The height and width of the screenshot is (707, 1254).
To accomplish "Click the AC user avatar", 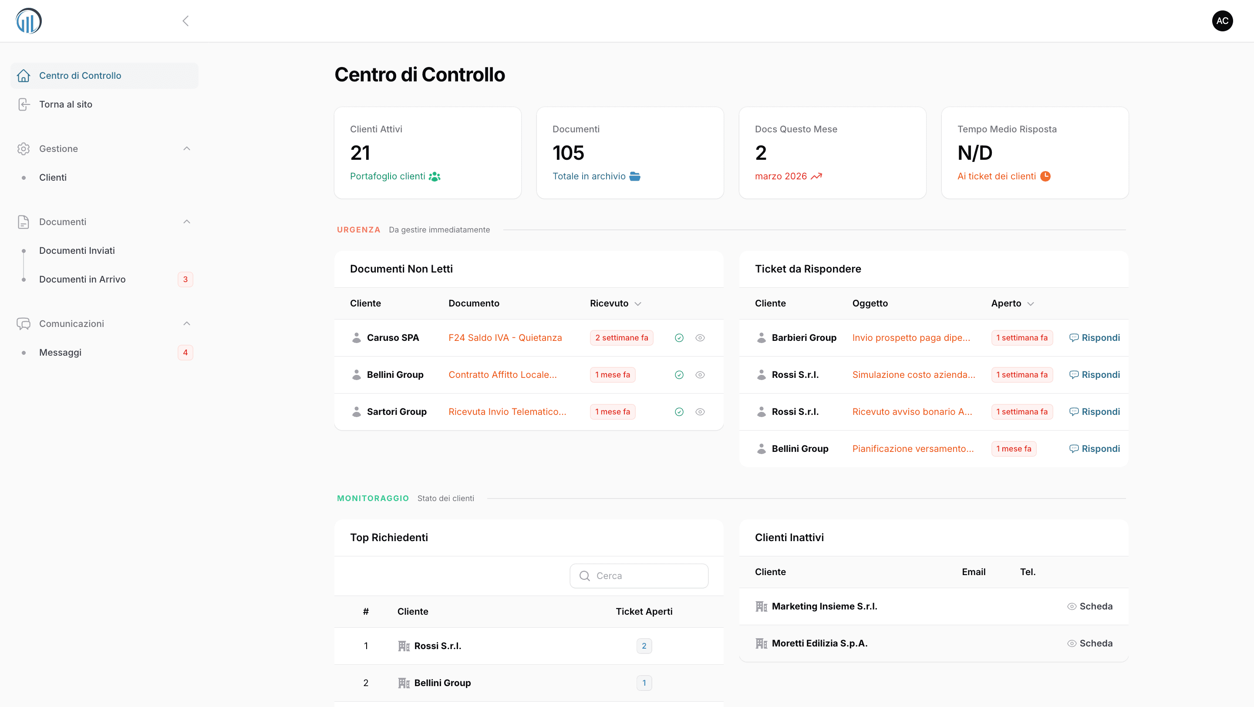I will click(x=1222, y=21).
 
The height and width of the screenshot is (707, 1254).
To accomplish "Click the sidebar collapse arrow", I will click(x=185, y=21).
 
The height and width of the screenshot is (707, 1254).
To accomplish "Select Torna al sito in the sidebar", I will click(x=65, y=104).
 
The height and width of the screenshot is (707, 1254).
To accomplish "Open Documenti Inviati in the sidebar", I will click(x=77, y=251).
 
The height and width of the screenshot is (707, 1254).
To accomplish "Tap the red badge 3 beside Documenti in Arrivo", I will click(x=185, y=279).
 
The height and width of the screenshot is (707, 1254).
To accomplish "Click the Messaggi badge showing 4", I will click(x=185, y=352).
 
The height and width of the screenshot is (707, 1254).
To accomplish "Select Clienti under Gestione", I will click(x=53, y=178).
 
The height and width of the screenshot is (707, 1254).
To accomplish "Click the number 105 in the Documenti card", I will click(x=568, y=153).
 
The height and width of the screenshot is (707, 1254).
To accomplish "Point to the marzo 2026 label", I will click(x=781, y=176).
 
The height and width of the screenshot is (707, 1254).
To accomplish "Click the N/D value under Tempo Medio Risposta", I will click(x=974, y=153).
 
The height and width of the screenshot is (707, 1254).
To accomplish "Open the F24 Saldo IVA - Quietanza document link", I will click(x=505, y=338).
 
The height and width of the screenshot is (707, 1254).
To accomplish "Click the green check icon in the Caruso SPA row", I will click(x=679, y=338).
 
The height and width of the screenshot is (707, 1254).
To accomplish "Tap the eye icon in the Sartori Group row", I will click(x=700, y=412).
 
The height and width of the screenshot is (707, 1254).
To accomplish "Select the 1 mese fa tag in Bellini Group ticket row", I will click(x=1014, y=449).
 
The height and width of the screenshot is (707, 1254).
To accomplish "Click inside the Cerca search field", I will click(x=639, y=576).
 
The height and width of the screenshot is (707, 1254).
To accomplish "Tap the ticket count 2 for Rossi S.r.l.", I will click(x=644, y=646).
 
